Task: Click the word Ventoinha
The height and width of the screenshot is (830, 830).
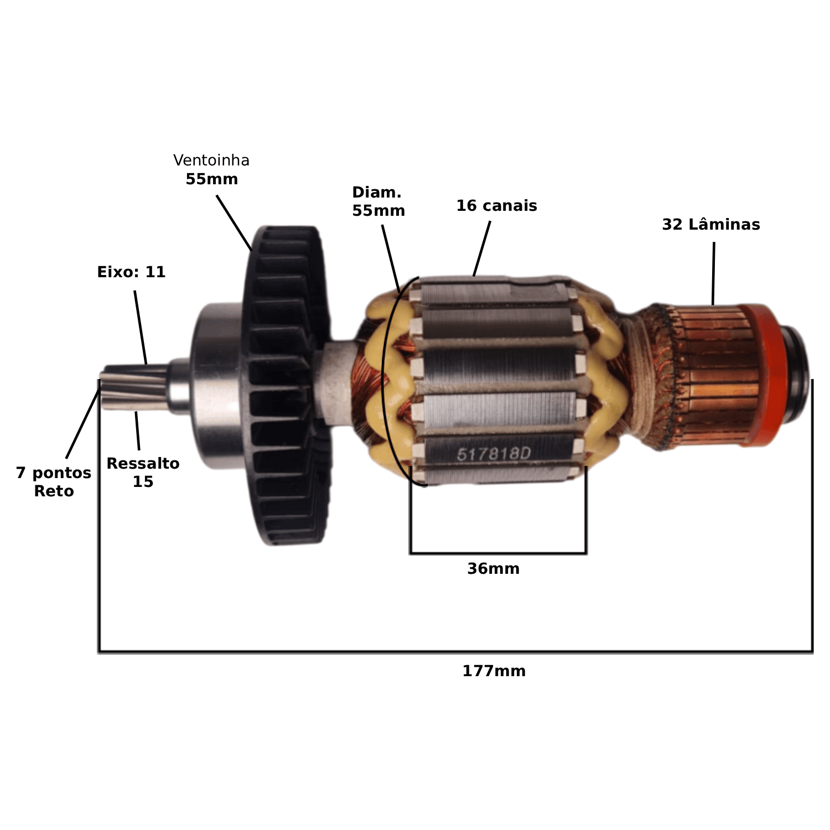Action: (x=211, y=160)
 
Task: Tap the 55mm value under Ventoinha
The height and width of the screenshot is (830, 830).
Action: (x=211, y=179)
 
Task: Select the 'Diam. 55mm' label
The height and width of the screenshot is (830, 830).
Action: (x=378, y=201)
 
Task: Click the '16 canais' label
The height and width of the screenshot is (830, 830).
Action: (x=496, y=206)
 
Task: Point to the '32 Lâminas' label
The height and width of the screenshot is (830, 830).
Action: (x=711, y=224)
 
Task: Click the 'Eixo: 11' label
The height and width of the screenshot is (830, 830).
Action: (x=131, y=272)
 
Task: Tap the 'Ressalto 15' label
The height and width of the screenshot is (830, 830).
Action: (x=143, y=473)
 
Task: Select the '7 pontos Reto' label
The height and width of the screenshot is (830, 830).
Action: (x=54, y=482)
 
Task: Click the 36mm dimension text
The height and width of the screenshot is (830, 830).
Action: (x=493, y=569)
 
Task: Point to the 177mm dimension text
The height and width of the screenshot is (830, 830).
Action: (x=494, y=671)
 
